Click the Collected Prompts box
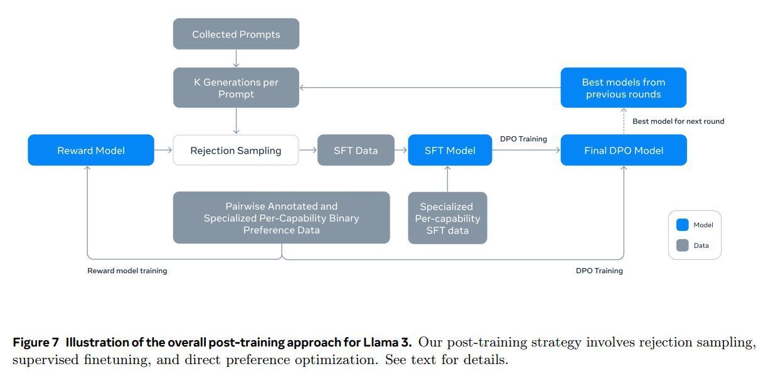tap(236, 34)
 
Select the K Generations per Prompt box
tap(236, 88)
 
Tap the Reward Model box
tap(91, 150)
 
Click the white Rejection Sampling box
tap(236, 150)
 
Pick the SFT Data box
tap(356, 150)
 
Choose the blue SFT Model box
tap(450, 150)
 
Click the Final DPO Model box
tap(624, 150)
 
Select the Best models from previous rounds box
tap(623, 88)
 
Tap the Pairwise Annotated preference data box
tap(281, 218)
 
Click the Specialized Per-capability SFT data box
tap(447, 218)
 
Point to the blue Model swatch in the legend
tap(683, 225)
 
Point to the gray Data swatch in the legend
tap(683, 245)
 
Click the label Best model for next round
tap(678, 121)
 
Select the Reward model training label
tap(127, 271)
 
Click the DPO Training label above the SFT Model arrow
tap(523, 139)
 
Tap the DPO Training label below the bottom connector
tap(599, 271)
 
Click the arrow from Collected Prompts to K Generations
tap(236, 58)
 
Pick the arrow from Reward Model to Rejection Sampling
tap(163, 150)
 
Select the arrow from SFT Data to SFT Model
tap(401, 150)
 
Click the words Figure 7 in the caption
tap(36, 343)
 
